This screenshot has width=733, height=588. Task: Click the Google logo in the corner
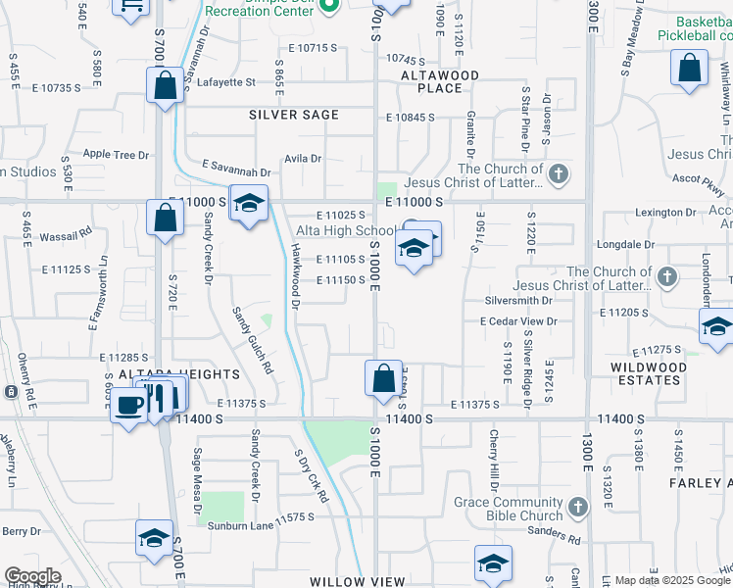click(x=32, y=576)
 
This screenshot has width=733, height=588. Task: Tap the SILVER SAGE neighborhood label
click(x=294, y=115)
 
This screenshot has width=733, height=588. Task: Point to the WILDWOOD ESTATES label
click(x=649, y=373)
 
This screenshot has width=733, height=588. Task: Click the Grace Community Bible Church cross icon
click(x=578, y=507)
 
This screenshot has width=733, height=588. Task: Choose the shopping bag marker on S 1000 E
click(x=382, y=377)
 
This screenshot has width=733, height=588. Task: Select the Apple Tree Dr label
click(x=116, y=154)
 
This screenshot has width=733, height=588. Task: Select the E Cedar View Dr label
click(x=518, y=320)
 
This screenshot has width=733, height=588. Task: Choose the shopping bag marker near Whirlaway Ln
click(x=690, y=70)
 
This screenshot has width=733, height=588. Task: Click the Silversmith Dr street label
click(x=518, y=300)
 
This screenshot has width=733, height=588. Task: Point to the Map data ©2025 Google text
click(x=673, y=580)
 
